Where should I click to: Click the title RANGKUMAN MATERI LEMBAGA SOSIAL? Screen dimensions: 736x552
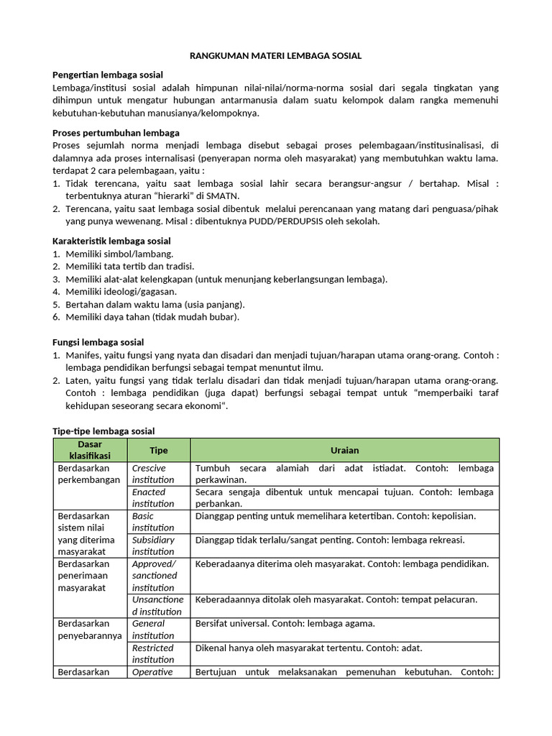point(276,55)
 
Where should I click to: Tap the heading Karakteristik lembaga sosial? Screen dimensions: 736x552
point(112,241)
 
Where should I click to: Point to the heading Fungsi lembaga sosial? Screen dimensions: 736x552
point(98,342)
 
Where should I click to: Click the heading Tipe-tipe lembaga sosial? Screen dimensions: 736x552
point(104,431)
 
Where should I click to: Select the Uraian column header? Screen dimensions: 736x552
point(344,450)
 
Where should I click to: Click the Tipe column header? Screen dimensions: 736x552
point(158,450)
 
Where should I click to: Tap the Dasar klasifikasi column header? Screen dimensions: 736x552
point(90,450)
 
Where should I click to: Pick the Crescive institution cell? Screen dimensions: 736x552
point(153,474)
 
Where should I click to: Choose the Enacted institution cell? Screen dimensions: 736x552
point(153,497)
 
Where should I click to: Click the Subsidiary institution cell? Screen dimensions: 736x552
point(153,546)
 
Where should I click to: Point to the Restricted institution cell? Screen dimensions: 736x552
point(153,653)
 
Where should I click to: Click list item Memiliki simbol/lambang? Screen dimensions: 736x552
point(119,254)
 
